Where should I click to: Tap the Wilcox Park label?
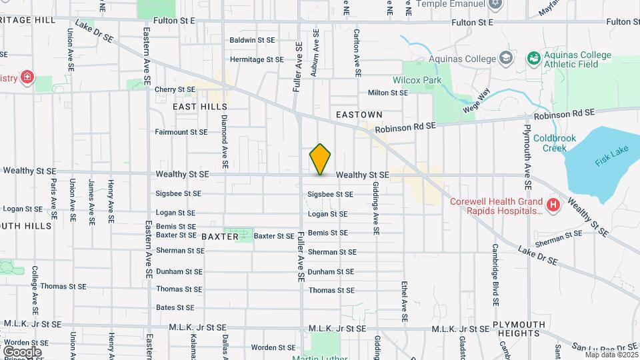point(423,80)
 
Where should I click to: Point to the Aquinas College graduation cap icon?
point(506,59)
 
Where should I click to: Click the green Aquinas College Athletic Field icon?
point(533,59)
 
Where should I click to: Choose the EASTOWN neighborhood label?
point(359,115)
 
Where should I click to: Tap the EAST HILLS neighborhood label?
point(200,107)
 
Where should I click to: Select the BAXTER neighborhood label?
point(219,236)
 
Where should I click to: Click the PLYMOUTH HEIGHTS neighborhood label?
point(519,329)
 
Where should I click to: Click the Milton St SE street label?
point(387,93)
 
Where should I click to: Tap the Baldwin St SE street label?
point(252,40)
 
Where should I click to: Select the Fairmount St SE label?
point(181,132)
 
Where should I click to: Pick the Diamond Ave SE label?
point(225,141)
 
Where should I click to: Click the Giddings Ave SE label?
point(376,207)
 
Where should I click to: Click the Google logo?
point(22,351)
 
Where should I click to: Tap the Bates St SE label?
point(175,307)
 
